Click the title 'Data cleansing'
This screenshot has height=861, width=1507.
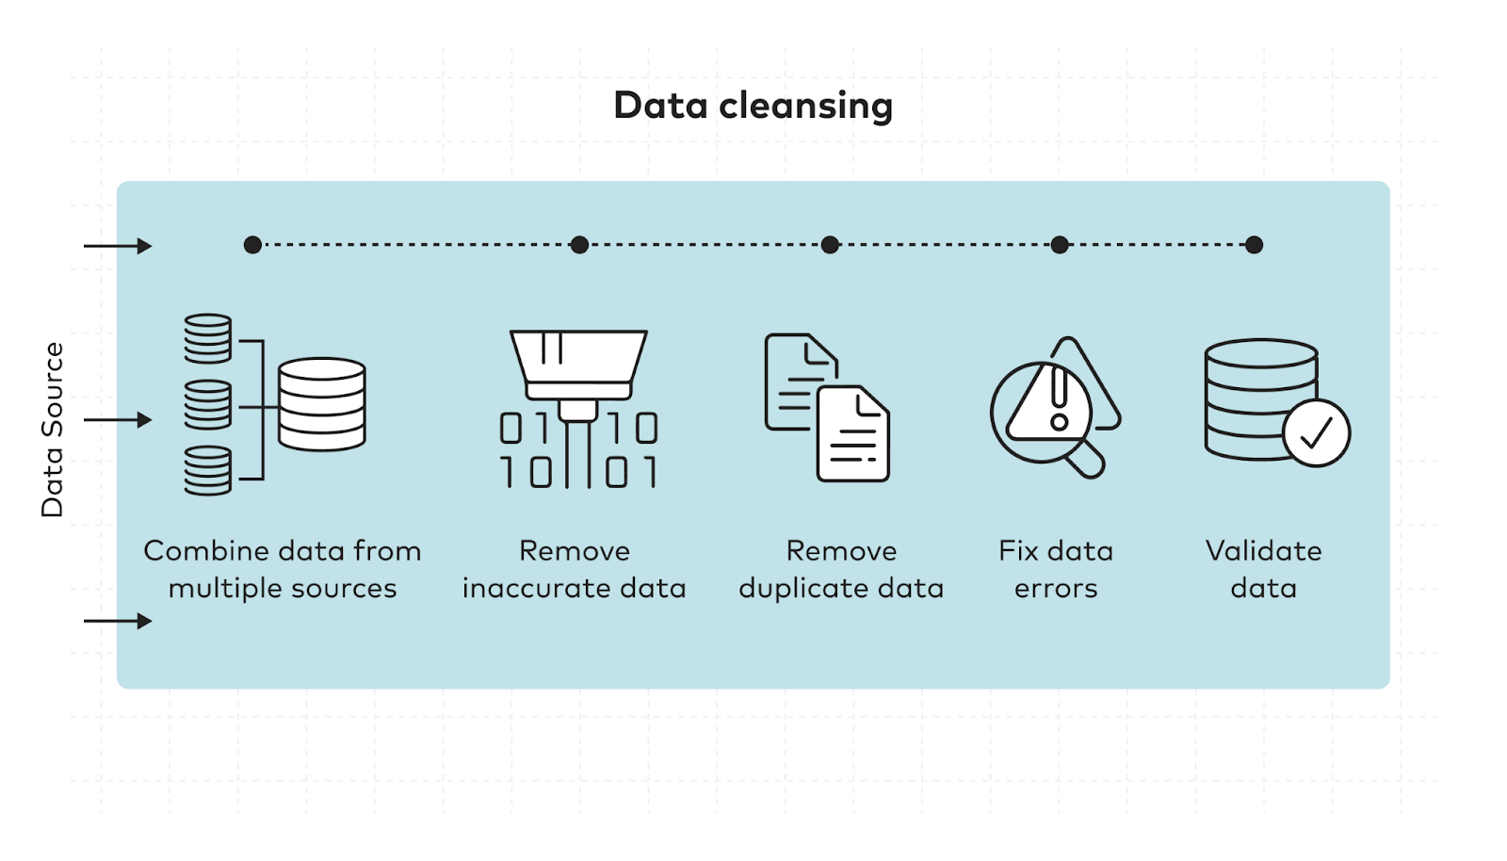[753, 106]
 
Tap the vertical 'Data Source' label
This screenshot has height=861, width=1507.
[53, 430]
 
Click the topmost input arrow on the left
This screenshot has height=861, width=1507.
[118, 246]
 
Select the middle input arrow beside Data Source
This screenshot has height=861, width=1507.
[118, 419]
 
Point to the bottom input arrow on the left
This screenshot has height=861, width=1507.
[118, 621]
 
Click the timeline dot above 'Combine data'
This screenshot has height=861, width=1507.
[252, 245]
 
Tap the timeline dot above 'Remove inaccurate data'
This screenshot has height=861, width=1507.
[579, 245]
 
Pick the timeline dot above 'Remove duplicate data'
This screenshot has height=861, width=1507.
[830, 245]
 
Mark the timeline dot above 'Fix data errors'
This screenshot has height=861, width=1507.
[1060, 245]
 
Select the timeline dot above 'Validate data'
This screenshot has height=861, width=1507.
[1254, 245]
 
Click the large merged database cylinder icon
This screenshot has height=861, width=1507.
[322, 404]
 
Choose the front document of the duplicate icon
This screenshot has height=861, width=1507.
[852, 435]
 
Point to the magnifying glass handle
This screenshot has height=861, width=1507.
[1088, 461]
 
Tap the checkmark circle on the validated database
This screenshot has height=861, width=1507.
[1316, 433]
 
